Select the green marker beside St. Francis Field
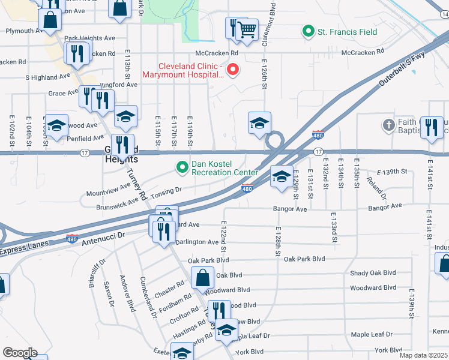click(309, 31)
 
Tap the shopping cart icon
click(246, 29)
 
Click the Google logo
click(19, 353)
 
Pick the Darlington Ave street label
click(197, 242)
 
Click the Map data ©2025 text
click(423, 355)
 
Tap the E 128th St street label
click(279, 242)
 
